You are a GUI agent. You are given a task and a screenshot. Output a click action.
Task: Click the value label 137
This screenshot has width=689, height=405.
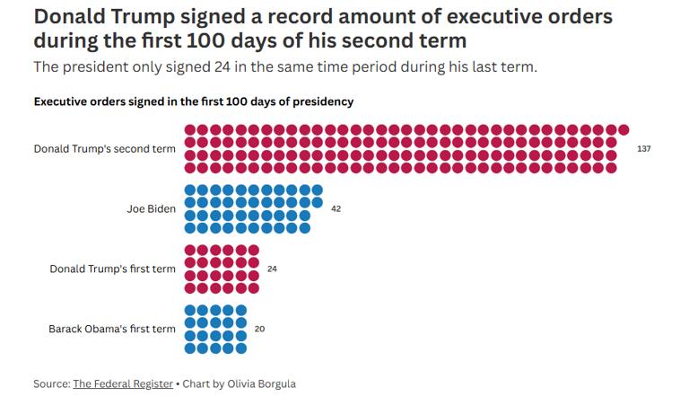tap(643, 148)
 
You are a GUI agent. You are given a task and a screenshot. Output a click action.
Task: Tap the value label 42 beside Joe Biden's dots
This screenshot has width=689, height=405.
tap(336, 208)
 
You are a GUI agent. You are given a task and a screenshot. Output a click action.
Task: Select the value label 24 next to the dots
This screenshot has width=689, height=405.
tap(272, 269)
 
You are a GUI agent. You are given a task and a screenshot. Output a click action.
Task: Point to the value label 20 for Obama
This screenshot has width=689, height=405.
tap(259, 329)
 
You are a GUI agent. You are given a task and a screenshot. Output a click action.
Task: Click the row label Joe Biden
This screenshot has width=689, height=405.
tap(151, 208)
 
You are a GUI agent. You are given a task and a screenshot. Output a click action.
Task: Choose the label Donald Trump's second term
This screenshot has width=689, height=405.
tap(104, 148)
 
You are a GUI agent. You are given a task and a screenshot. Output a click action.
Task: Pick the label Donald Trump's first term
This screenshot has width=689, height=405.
tap(112, 269)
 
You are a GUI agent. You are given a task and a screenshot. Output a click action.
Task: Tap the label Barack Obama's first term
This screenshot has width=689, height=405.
tap(111, 329)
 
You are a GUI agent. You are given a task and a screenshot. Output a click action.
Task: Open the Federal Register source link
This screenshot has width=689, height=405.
tap(123, 383)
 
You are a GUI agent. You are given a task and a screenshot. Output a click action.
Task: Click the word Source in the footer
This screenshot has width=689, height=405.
tap(51, 383)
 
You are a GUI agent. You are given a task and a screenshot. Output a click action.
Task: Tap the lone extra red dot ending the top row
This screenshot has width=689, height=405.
tap(624, 130)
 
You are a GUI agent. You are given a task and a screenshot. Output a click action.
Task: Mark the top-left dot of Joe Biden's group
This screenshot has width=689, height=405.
tap(190, 190)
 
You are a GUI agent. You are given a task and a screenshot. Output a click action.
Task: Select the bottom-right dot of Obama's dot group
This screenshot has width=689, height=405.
tap(240, 348)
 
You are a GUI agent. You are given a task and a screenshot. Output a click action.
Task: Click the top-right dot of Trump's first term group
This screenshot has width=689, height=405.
tap(253, 251)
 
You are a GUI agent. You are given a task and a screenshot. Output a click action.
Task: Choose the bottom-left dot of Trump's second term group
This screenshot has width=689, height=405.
tap(190, 167)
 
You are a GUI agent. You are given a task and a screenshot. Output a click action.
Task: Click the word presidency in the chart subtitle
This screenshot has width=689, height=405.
tap(322, 101)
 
